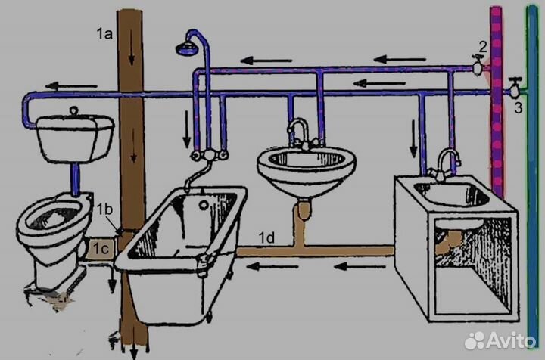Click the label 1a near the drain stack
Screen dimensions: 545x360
click(104, 34)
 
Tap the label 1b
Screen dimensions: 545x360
click(104, 209)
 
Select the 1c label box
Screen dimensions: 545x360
click(101, 249)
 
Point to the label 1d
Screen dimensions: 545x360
click(266, 237)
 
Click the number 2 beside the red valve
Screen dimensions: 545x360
click(483, 47)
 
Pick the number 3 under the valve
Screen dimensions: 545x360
click(519, 107)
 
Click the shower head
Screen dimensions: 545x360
click(187, 48)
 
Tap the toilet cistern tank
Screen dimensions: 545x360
click(75, 137)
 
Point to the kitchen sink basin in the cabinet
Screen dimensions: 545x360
click(452, 195)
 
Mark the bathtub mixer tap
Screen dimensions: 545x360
click(210, 154)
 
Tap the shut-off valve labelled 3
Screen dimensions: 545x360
click(515, 89)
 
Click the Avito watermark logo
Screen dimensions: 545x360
click(500, 340)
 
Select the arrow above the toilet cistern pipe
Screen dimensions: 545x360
click(71, 85)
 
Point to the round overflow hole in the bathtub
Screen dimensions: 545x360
click(204, 204)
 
